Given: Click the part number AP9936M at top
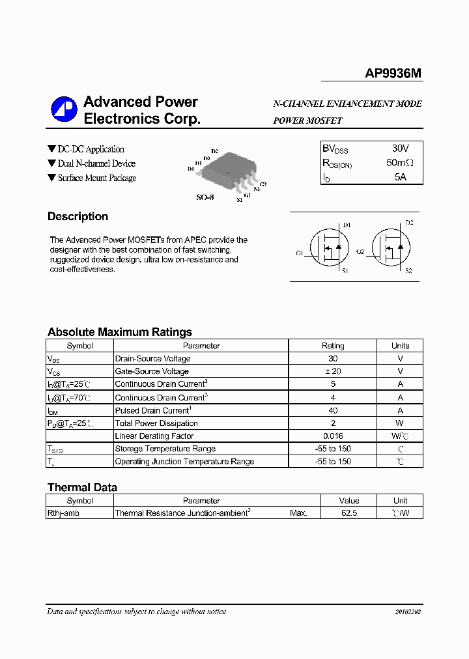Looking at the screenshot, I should [x=393, y=74].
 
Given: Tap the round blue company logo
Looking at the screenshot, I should [x=64, y=110].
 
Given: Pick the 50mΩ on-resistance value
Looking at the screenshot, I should [x=399, y=163].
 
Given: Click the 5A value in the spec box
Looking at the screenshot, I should [x=400, y=177].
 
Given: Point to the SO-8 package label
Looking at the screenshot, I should [x=205, y=197].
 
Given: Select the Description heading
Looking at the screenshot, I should [x=78, y=217].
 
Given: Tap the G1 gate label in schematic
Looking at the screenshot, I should [x=300, y=253].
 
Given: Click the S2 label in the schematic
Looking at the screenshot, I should [x=408, y=270].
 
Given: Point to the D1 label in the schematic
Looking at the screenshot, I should [x=347, y=225].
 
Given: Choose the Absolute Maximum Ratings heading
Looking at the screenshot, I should [x=119, y=332].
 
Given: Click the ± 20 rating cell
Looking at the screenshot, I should [x=333, y=371].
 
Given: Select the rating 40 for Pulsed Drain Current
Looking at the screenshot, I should [x=333, y=410].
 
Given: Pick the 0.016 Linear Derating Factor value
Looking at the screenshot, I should [x=333, y=436].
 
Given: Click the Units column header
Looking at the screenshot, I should [x=400, y=346].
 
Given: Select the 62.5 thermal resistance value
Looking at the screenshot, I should [x=349, y=513].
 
